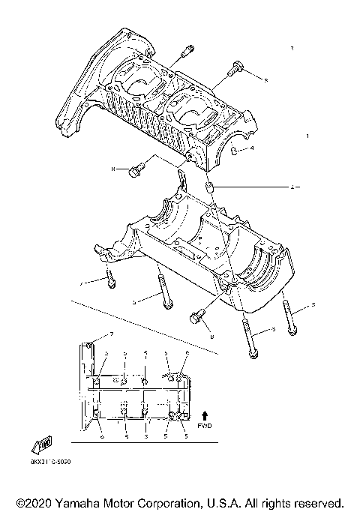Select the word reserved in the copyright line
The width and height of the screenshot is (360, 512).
point(318,502)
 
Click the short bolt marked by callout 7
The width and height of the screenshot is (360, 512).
point(111,277)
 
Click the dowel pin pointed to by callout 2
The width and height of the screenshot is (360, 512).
point(211,187)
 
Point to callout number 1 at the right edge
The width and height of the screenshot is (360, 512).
point(307,136)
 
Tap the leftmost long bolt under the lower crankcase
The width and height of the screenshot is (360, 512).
point(163,292)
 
